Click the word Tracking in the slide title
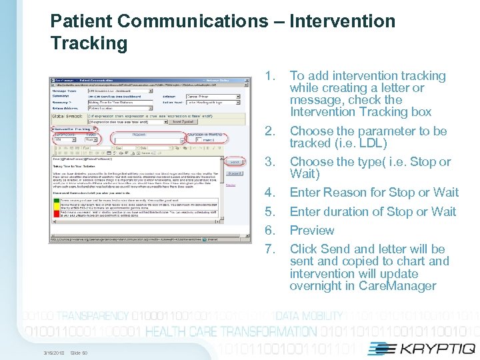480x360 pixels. point(89,44)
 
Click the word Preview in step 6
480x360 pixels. point(312,231)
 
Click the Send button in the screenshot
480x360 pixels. point(233,162)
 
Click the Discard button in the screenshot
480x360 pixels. point(233,173)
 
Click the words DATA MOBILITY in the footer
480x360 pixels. point(309,316)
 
